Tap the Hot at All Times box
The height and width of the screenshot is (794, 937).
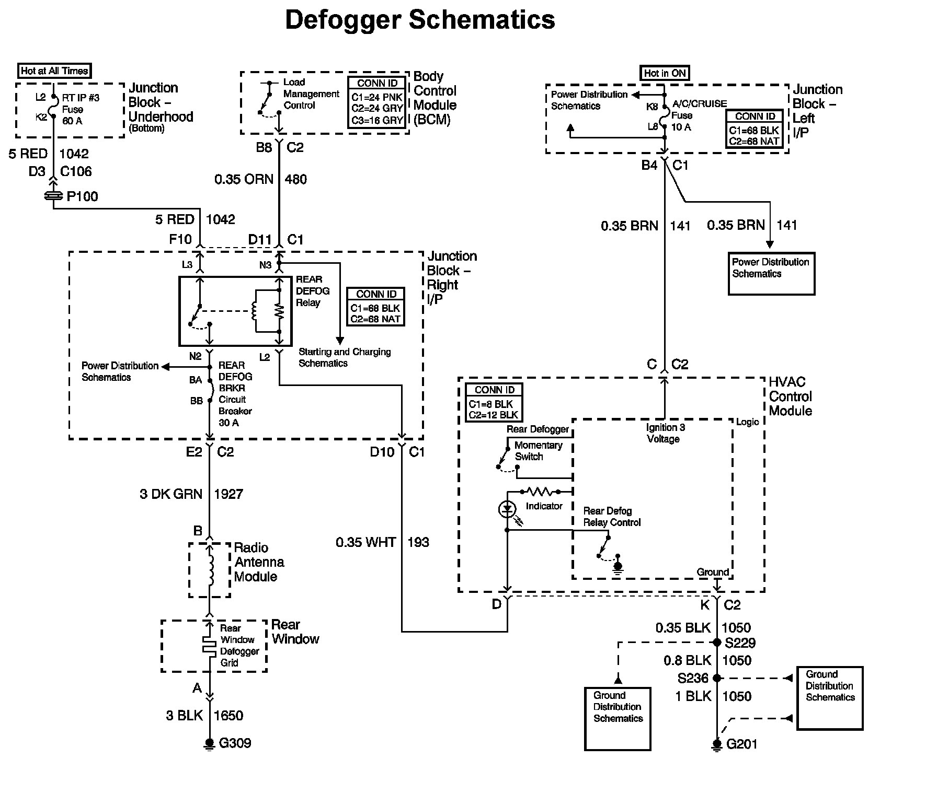[x=54, y=71]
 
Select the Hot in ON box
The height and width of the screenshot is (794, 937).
[x=665, y=73]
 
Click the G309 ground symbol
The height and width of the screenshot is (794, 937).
[x=210, y=744]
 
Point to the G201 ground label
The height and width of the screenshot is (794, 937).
[x=742, y=744]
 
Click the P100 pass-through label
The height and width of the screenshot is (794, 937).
[x=83, y=196]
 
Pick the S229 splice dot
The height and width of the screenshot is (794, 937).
[x=717, y=643]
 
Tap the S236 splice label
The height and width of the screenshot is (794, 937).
[x=693, y=678]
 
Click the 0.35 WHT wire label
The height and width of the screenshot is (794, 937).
[x=366, y=542]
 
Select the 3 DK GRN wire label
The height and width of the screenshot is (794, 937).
[x=171, y=494]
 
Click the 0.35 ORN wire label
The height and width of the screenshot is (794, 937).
[x=244, y=179]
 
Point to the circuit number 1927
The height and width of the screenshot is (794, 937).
[x=228, y=494]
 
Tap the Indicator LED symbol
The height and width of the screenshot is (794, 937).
[x=507, y=509]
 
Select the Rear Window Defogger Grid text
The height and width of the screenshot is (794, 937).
[x=239, y=645]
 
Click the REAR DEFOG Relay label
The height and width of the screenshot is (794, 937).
[x=313, y=291]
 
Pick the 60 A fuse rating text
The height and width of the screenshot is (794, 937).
[x=72, y=121]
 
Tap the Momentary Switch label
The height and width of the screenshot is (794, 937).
[x=538, y=451]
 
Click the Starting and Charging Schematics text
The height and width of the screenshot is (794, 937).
[x=345, y=357]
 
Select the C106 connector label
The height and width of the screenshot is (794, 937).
[x=76, y=171]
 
